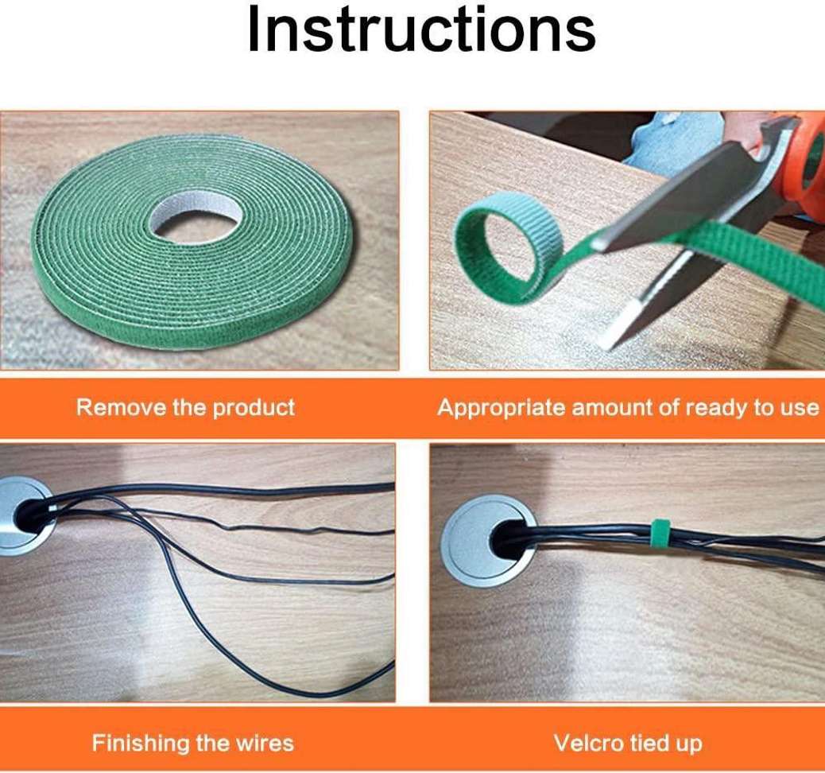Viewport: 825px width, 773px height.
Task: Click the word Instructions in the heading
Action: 421,29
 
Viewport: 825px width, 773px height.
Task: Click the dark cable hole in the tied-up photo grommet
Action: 507,542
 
